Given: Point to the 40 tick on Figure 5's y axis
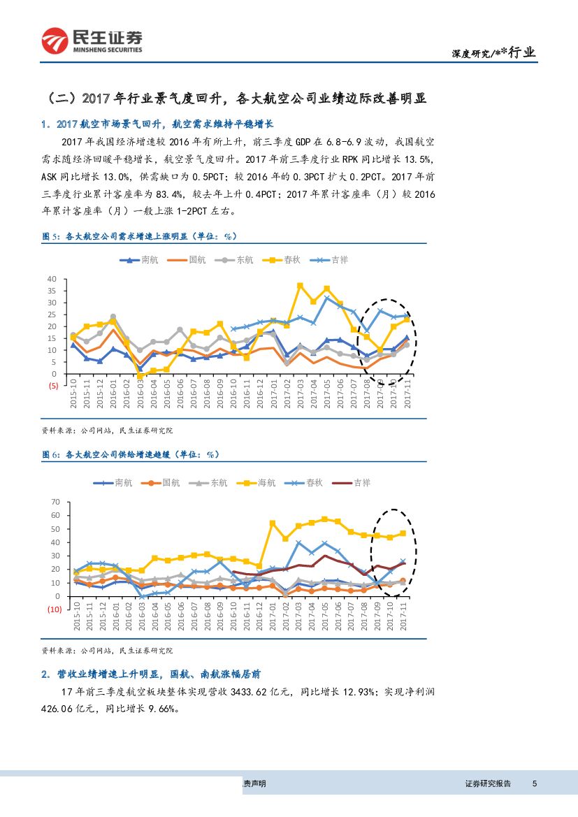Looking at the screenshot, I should coord(51,279).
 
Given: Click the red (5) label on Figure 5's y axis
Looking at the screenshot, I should coord(52,374).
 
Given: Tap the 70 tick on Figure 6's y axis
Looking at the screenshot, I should coord(56,502).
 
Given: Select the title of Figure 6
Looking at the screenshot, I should coord(131,454).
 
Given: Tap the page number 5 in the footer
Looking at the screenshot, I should coord(535,783).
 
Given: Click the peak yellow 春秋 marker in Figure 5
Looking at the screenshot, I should coord(300,286).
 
